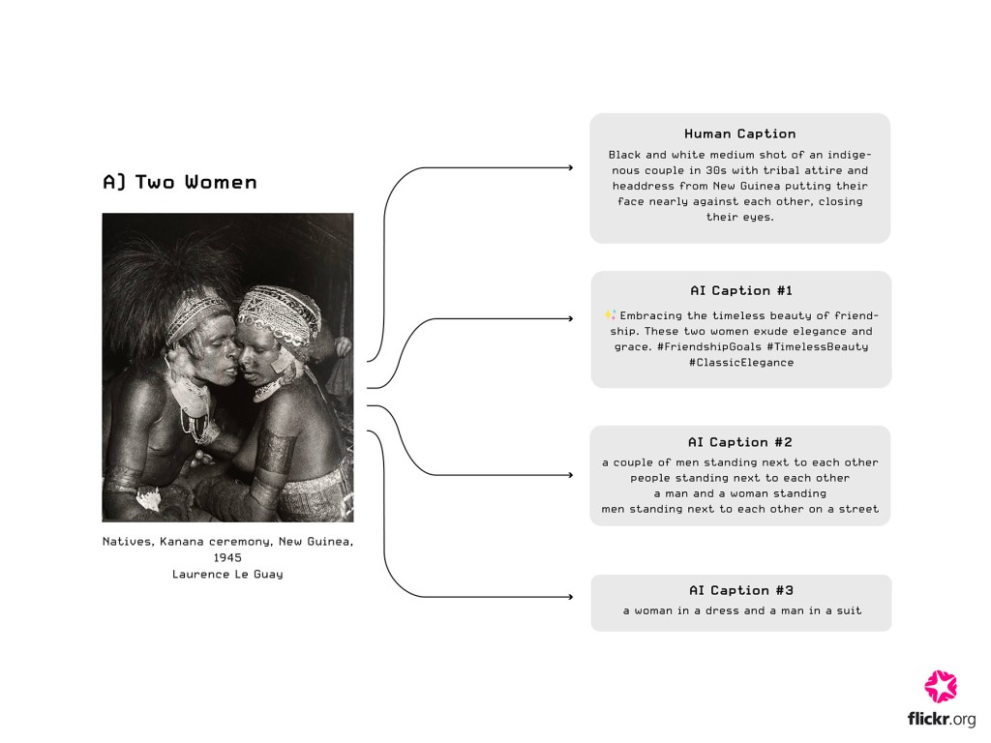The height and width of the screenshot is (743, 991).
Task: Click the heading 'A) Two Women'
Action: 180,183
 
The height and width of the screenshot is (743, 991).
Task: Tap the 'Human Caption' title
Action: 740,134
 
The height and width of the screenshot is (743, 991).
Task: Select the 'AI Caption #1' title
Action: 740,290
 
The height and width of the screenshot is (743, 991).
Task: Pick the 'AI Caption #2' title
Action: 740,442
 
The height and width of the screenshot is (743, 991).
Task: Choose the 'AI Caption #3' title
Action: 740,590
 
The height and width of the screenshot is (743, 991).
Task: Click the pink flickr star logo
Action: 941,686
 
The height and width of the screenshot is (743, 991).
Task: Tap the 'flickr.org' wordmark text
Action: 941,719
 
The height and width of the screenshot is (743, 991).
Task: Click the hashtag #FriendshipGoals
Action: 709,347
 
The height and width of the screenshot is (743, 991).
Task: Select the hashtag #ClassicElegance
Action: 740,363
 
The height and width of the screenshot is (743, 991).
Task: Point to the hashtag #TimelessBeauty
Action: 818,347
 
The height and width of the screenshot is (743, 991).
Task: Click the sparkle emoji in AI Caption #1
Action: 610,314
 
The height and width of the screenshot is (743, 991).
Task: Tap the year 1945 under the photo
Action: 227,558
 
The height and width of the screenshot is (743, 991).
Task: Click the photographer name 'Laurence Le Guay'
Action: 227,575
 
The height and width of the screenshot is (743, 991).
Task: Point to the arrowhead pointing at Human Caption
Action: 571,168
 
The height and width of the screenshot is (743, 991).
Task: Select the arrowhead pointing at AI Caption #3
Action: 571,596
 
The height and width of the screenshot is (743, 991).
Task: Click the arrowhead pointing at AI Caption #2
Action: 571,475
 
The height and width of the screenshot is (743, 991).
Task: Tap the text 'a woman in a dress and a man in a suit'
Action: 742,611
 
